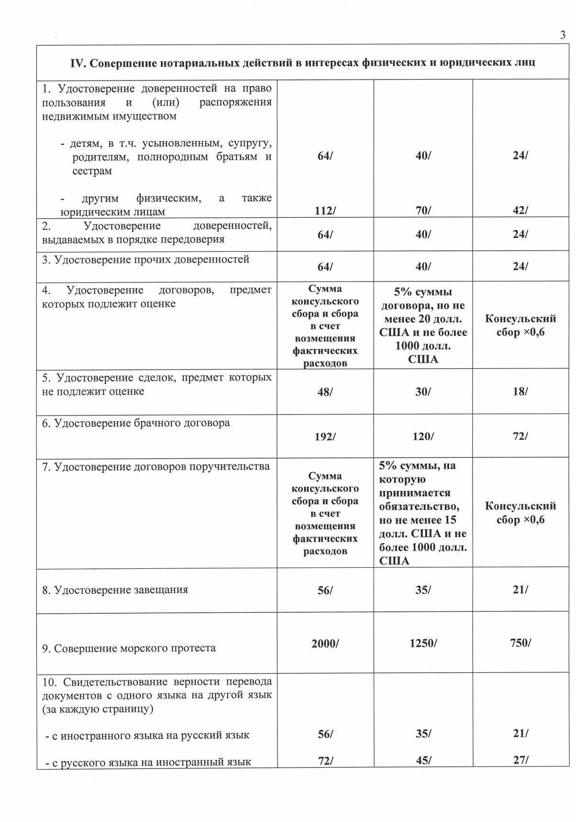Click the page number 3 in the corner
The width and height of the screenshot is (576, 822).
563,34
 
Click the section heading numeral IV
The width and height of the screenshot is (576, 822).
78,63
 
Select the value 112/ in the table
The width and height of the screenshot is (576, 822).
325,210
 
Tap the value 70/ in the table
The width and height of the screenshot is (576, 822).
423,210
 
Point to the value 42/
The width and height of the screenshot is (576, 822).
520,210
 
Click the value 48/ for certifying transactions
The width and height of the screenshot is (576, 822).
325,392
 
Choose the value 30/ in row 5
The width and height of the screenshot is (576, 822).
423,391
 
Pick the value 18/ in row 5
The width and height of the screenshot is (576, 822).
520,391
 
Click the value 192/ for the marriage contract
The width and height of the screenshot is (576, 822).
325,436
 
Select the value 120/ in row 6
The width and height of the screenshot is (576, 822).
423,436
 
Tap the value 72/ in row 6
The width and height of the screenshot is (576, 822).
520,436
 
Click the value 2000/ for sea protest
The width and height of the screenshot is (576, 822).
325,643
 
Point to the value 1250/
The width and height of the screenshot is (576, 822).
423,643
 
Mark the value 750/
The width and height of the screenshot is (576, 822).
520,642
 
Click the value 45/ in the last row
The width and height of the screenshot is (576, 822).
423,760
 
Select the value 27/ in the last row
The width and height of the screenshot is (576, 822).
520,760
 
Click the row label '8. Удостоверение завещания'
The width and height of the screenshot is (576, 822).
115,590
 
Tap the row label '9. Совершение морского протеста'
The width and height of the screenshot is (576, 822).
129,648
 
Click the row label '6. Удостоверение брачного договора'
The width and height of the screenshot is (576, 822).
136,423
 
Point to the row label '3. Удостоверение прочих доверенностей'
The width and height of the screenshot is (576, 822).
145,259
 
